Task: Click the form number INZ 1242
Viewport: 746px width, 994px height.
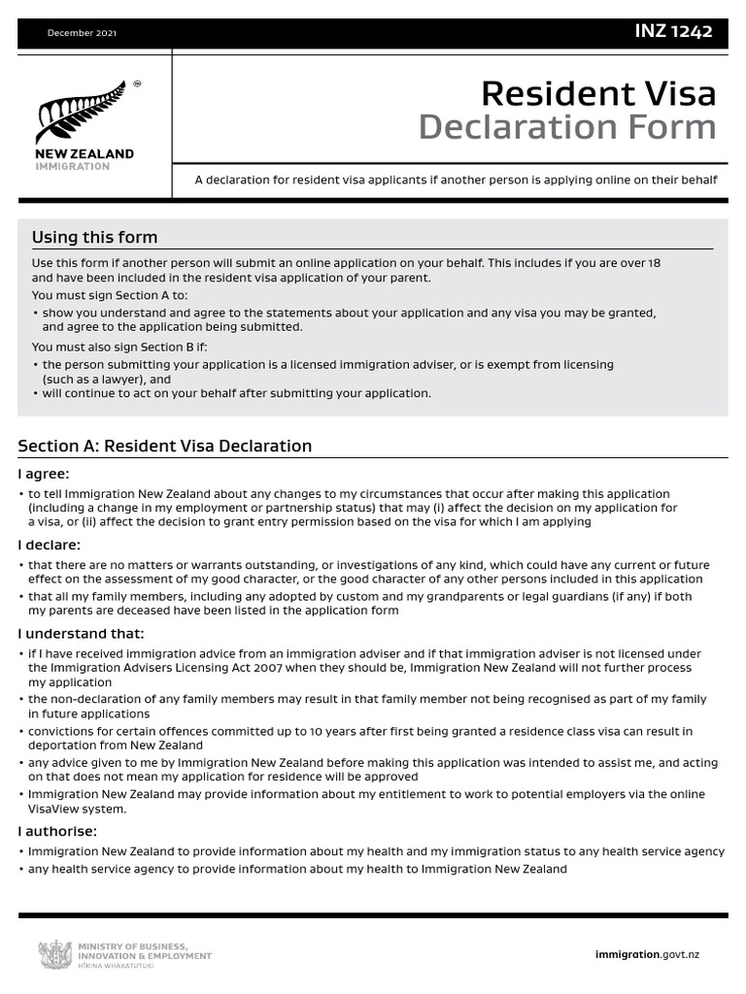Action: point(673,32)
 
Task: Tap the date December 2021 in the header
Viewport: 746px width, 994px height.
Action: point(82,33)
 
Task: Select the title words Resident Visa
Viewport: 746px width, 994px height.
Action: point(598,93)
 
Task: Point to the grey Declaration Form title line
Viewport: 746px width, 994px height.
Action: point(566,127)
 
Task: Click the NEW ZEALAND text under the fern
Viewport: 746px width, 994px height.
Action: point(85,154)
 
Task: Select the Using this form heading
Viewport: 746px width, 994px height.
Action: point(94,238)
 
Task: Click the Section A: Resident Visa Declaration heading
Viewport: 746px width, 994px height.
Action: point(165,447)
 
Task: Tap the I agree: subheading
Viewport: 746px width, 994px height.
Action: point(44,474)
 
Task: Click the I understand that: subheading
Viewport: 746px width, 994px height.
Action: point(81,634)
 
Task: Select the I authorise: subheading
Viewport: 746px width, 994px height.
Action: point(57,831)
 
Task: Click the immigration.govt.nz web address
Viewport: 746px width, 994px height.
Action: point(646,954)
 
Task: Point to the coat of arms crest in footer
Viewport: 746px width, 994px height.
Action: point(54,954)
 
